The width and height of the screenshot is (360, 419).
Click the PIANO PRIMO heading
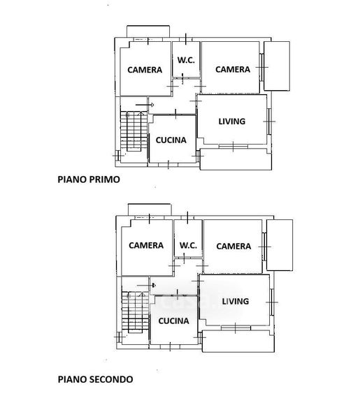(89, 179)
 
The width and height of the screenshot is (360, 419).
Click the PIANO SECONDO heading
(96, 379)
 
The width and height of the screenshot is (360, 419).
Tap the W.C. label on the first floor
(186, 60)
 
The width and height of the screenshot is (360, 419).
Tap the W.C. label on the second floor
(188, 245)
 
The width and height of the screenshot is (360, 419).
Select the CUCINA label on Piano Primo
(171, 140)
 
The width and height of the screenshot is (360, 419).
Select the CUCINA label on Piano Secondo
(173, 321)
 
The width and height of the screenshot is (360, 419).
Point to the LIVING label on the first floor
(232, 122)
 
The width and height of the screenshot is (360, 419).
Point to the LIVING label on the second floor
(236, 302)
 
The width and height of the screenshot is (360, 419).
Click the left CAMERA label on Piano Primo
(145, 70)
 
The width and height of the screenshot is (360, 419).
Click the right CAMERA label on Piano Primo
(233, 69)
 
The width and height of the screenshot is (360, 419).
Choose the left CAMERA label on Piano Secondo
(146, 245)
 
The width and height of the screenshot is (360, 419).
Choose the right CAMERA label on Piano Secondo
(233, 246)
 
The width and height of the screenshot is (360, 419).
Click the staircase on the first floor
(134, 131)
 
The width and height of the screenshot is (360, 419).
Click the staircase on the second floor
(136, 312)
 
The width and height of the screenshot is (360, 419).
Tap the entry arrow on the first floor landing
(145, 105)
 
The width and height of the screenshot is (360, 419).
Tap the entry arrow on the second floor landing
(146, 286)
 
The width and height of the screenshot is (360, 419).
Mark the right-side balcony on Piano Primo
(277, 66)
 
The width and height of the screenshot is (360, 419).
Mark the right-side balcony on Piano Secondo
(280, 245)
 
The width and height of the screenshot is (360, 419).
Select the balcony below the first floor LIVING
(236, 159)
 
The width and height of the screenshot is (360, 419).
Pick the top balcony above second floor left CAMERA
(150, 209)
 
